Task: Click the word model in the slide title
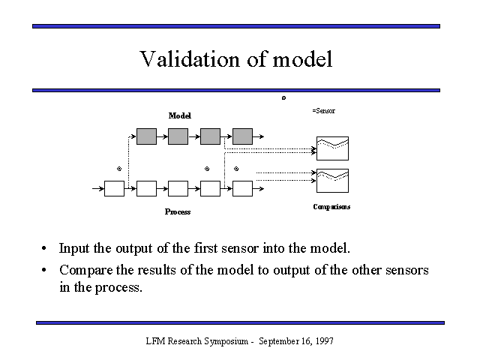click(x=304, y=59)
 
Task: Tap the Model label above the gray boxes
click(x=179, y=115)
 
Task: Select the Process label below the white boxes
click(x=178, y=211)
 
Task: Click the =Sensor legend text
click(x=323, y=110)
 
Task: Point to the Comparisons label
click(x=331, y=206)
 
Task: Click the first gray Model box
click(x=146, y=136)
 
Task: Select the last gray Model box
click(x=242, y=136)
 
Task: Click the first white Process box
click(x=114, y=188)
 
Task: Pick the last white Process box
click(x=242, y=188)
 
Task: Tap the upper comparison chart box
click(x=331, y=147)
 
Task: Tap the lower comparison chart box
click(x=331, y=179)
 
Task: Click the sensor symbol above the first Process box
click(x=118, y=169)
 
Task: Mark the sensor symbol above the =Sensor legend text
click(x=283, y=97)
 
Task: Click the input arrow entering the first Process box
click(x=96, y=188)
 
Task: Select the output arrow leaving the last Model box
click(x=259, y=136)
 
